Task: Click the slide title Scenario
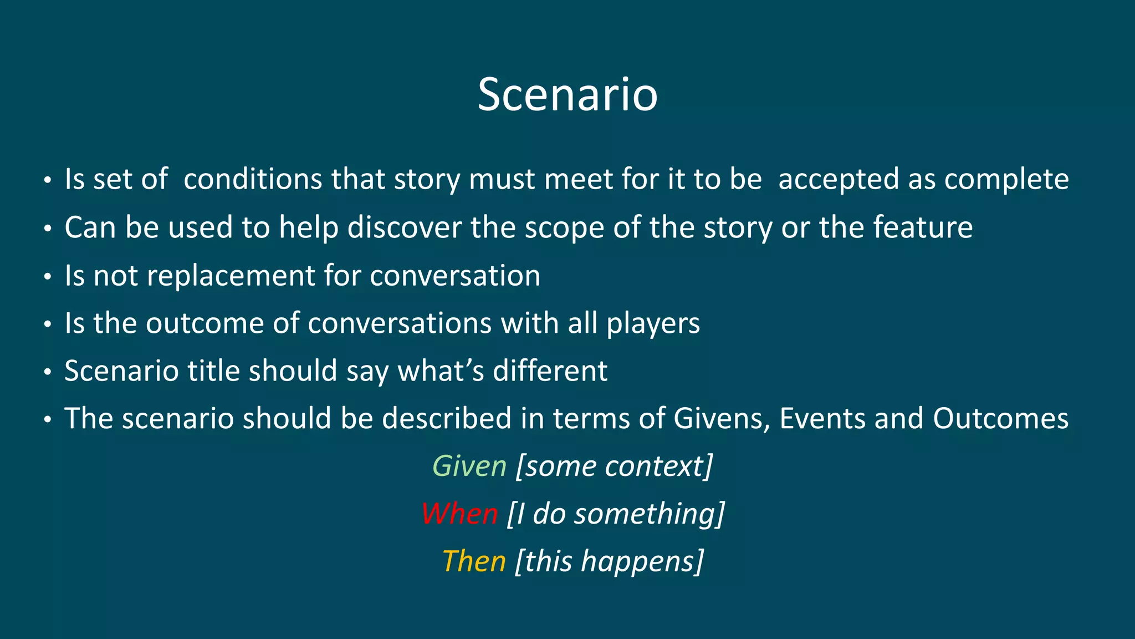(567, 95)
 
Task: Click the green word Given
(469, 466)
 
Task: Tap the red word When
(459, 514)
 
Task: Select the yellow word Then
(474, 561)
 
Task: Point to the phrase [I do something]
(616, 514)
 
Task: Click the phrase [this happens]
(609, 562)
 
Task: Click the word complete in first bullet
(1006, 180)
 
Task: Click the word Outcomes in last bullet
(1000, 418)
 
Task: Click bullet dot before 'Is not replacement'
(48, 276)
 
